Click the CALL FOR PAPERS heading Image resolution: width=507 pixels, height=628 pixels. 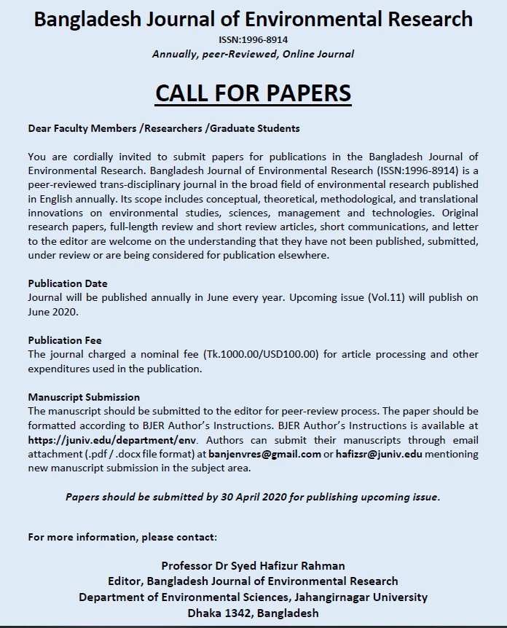coord(253,93)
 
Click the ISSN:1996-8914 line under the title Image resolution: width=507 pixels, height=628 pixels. coord(253,39)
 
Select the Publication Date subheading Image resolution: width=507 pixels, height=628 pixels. coord(68,283)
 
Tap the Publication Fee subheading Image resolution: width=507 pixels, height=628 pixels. coord(65,340)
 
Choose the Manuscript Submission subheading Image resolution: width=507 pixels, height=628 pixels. coord(84,397)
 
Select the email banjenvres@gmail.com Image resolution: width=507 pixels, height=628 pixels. coord(265,454)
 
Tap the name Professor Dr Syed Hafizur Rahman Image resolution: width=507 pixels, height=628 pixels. coord(253,565)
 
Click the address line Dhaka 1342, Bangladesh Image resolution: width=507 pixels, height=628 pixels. coord(253,613)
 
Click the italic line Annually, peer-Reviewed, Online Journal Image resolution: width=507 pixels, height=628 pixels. coord(253,54)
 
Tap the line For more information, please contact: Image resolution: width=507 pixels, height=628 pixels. coord(122,537)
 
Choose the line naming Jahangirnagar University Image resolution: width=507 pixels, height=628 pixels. coord(253,597)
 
